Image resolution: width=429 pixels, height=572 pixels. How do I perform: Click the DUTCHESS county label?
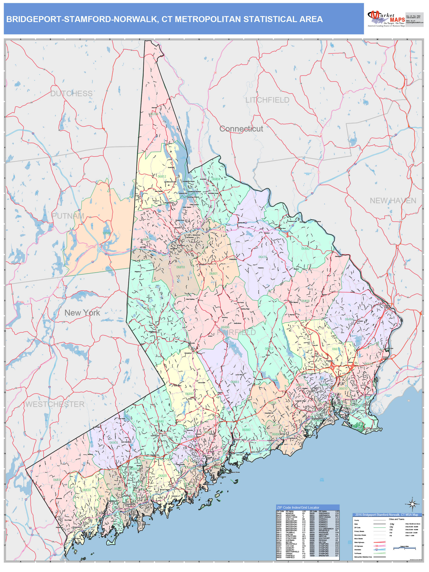71,94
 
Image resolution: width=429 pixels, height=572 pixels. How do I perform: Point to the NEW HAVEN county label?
393,201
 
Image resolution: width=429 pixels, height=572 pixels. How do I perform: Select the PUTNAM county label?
68,216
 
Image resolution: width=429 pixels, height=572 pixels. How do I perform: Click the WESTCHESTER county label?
55,404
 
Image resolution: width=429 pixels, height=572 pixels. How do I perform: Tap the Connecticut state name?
241,129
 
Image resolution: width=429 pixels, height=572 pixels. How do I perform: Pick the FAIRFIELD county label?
236,333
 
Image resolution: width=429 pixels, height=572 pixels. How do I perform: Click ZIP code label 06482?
305,248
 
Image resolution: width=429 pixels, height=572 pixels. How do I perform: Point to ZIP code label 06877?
151,310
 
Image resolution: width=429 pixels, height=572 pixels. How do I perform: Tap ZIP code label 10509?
106,233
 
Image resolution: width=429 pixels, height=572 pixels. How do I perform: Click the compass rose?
412,504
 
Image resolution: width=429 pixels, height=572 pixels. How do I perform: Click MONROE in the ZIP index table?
289,513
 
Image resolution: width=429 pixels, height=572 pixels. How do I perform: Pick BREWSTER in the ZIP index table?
324,556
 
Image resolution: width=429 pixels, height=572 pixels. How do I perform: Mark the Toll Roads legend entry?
358,553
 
